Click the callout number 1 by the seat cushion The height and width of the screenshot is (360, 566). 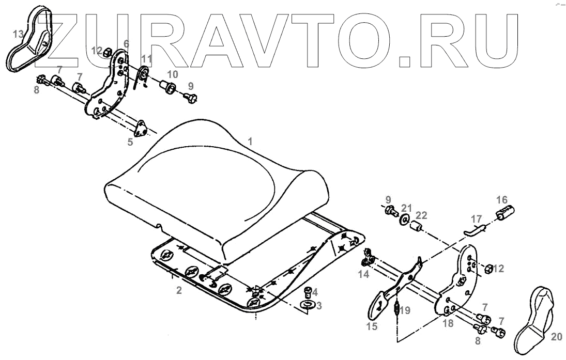click(x=250, y=140)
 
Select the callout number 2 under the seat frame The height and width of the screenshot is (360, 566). click(x=179, y=290)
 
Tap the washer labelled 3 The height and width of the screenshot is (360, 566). click(x=308, y=305)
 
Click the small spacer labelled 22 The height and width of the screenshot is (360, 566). click(x=416, y=227)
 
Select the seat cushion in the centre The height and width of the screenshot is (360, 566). click(x=217, y=186)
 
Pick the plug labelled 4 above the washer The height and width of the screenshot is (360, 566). click(x=309, y=292)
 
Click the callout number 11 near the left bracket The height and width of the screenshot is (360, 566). click(x=146, y=58)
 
